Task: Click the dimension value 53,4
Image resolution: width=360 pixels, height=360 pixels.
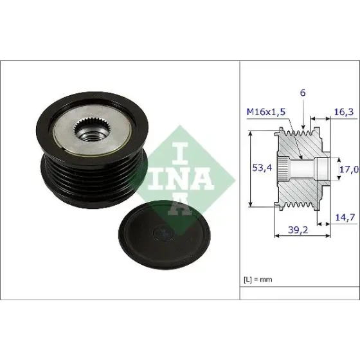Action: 262,168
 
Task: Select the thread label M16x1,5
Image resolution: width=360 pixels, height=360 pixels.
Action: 266,112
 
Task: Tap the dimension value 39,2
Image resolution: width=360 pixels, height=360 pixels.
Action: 298,230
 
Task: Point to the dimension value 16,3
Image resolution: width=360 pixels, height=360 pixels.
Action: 343,112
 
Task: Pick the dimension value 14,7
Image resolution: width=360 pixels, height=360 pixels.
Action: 345,217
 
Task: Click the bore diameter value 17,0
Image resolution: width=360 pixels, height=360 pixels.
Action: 349,170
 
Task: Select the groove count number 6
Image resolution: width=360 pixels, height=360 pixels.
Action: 303,93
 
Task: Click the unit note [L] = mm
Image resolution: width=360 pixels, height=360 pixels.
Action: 258,280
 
